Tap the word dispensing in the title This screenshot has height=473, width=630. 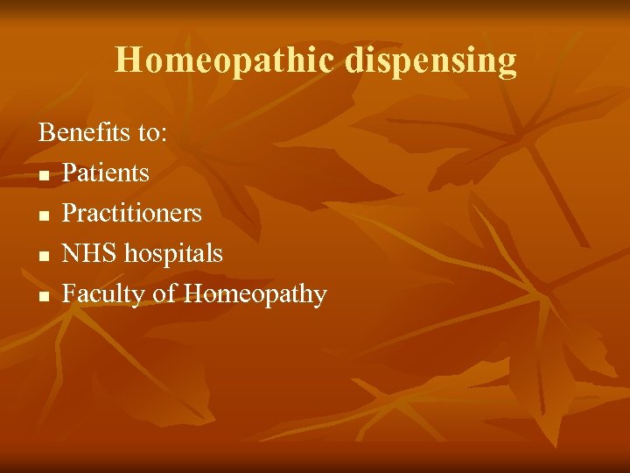pos(430,61)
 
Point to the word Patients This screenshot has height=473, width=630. pos(106,173)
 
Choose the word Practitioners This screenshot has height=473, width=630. pos(132,213)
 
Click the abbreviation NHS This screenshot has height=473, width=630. pos(90,253)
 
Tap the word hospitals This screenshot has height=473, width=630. pos(174,254)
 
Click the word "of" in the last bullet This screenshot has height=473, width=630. pos(164,293)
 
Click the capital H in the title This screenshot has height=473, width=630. pos(128,60)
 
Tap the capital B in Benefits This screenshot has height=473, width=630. pos(45,132)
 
